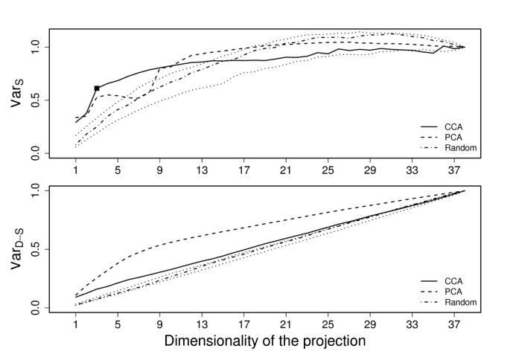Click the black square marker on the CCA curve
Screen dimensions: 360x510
(x=97, y=89)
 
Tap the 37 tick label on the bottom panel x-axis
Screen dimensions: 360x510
(x=453, y=325)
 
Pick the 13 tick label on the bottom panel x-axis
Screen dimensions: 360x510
(x=202, y=325)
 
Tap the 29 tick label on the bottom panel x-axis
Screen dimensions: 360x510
(x=369, y=325)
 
